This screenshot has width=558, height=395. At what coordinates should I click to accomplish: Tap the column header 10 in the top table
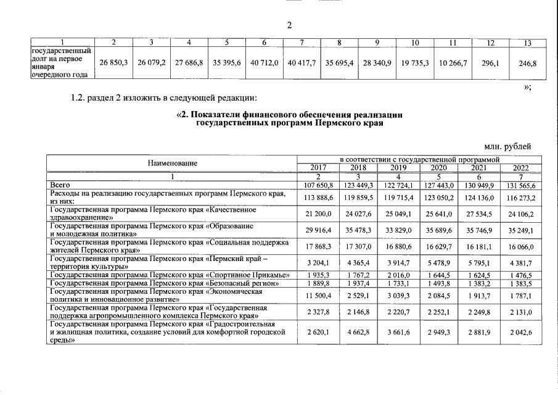tap(415, 43)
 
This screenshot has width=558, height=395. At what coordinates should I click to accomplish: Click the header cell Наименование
tap(173, 164)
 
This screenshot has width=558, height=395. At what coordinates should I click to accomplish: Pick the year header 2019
tap(400, 168)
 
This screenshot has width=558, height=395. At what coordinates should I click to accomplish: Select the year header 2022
tap(521, 168)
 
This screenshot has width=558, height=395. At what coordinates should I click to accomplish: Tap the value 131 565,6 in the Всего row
tap(521, 185)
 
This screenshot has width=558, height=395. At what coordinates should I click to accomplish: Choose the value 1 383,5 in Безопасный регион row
tap(521, 283)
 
